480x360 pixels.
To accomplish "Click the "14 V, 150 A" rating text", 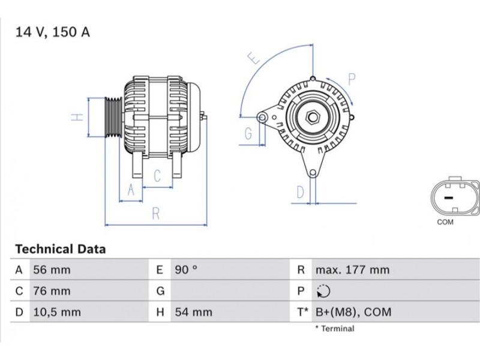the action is pos(53,32).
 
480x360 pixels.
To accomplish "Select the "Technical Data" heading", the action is pos(61,249).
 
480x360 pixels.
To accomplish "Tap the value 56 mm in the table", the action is pos(52,270).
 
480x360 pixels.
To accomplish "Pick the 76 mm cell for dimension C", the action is pos(52,291).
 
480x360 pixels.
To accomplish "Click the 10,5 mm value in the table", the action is pos(57,312).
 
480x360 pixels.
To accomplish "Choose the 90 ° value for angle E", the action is pos(186,270).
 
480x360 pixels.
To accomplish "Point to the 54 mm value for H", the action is pos(193,312).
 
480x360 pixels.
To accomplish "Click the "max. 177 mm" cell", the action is pos(353,270).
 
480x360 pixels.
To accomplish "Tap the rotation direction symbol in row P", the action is pos(323,291).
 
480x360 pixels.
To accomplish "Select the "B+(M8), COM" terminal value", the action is pos(353,312).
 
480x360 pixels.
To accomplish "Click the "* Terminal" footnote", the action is pos(335,329).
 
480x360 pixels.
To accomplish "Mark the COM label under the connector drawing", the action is pos(445,222).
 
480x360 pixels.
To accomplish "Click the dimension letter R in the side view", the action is pos(156,214).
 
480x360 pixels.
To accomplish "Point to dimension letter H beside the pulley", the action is pos(77,117).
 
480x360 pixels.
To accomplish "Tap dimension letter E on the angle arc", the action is pos(253,58).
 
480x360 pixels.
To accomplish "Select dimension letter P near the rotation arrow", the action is pos(352,79).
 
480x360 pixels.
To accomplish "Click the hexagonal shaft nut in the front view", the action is pos(313,116).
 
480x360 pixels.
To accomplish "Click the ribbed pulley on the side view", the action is pos(113,117).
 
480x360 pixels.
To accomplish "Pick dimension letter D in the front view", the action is pos(301,192).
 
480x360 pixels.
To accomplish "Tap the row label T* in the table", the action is pos(302,312).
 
